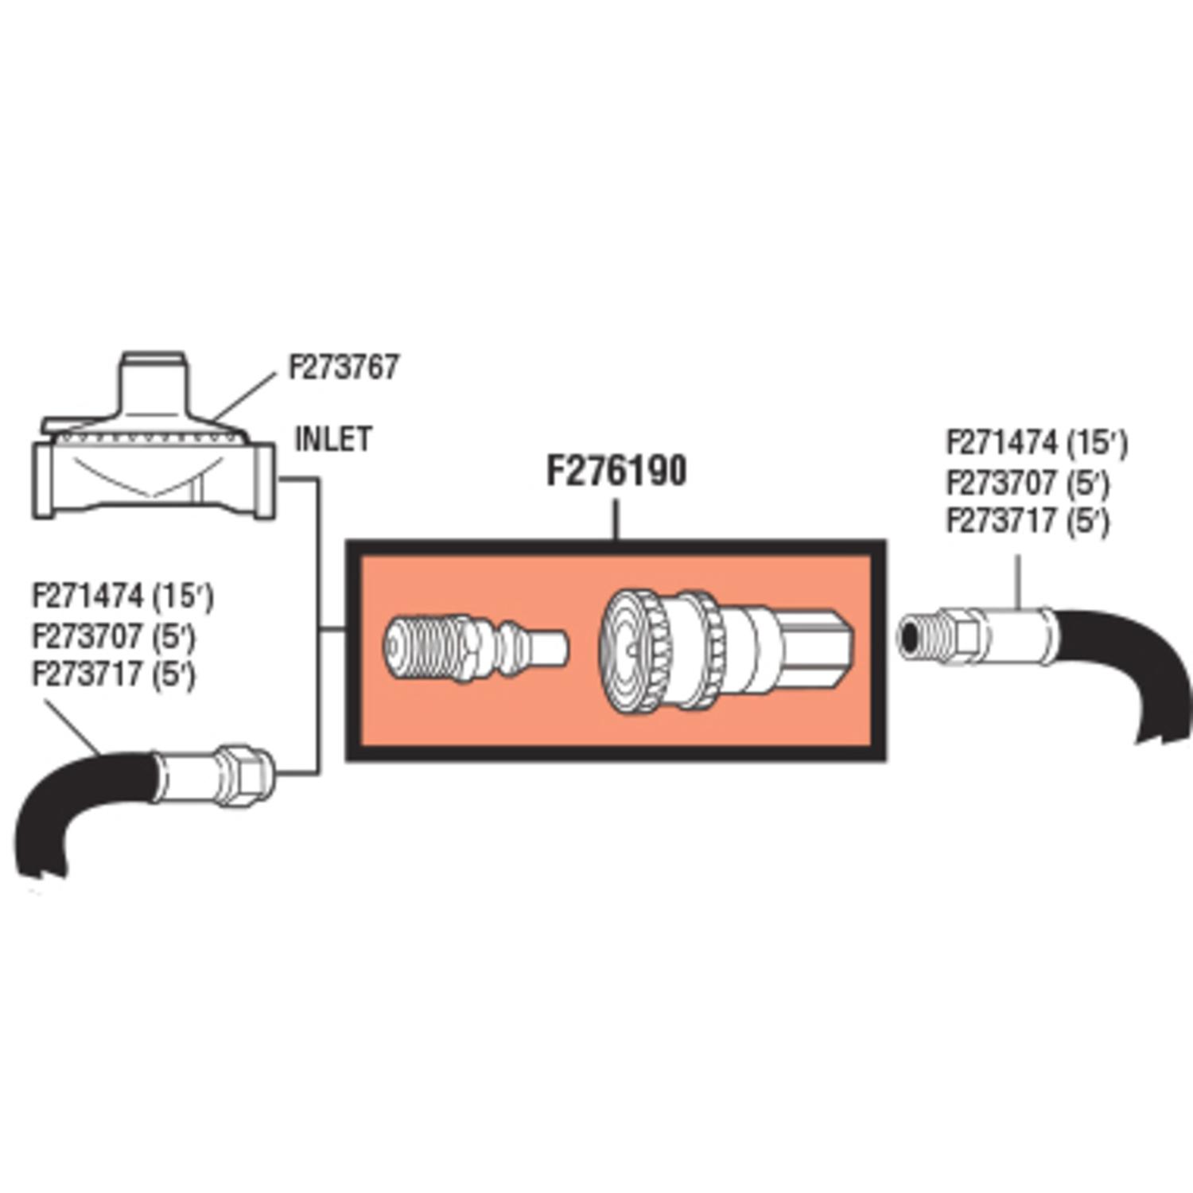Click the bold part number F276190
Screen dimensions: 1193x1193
click(x=616, y=471)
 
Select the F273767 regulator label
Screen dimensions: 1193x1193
click(x=343, y=367)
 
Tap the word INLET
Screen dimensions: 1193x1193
click(x=333, y=439)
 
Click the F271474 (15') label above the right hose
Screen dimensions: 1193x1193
click(x=1036, y=443)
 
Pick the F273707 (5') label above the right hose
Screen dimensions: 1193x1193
click(x=1028, y=483)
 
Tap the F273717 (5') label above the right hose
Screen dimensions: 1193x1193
click(x=1028, y=521)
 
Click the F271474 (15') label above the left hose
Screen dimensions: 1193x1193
click(x=122, y=596)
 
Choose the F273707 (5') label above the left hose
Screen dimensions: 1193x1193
click(x=114, y=635)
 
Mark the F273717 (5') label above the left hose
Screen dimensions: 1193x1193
click(x=114, y=674)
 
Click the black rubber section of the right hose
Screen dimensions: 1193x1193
click(x=1129, y=660)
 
